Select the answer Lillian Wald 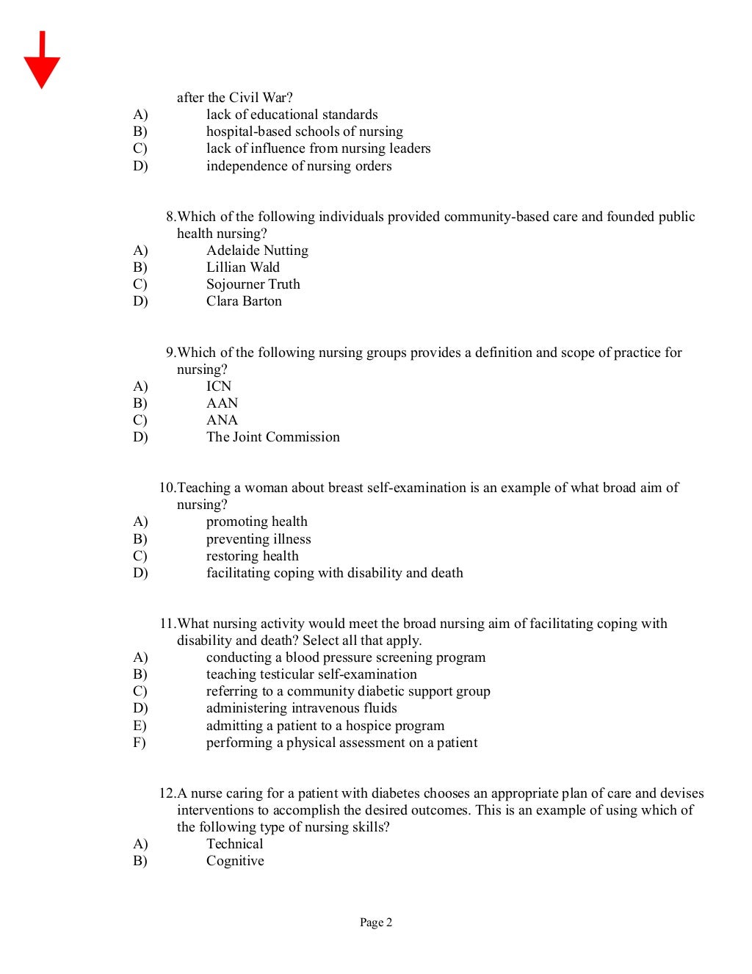coord(242,267)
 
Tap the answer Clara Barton coord(244,301)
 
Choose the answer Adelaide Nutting coord(257,250)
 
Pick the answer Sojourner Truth coord(253,284)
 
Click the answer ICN coord(219,386)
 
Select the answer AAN coord(222,403)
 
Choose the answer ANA coord(222,420)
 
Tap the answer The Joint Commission coord(272,437)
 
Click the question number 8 coord(170,217)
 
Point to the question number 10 coord(167,488)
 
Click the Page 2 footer coord(375,923)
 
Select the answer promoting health coord(256,522)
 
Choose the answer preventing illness coord(258,539)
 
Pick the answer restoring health coord(252,556)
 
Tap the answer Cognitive coord(235,861)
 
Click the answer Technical coord(234,844)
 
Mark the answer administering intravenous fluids coord(301,708)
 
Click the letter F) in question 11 coord(140,743)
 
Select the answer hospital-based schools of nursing coord(304,131)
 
